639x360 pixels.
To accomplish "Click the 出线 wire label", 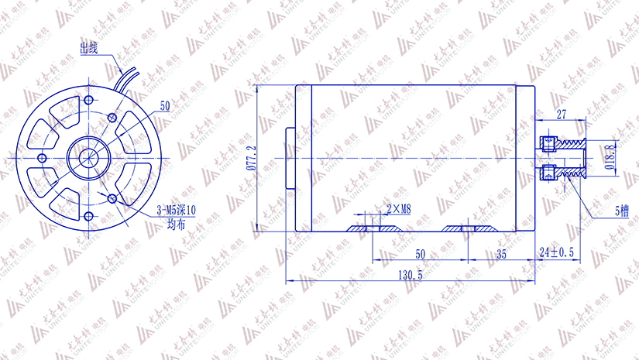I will point(89,48).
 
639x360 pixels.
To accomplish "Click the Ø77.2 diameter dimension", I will point(250,157).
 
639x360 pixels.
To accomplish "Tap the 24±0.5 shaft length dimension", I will point(556,253).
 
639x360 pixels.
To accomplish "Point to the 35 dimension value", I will point(501,253).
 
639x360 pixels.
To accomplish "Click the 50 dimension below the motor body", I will point(420,253).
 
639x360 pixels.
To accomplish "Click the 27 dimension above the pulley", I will point(562,115).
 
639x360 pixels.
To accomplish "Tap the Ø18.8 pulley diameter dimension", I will point(610,157).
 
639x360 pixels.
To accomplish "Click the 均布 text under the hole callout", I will point(177,224).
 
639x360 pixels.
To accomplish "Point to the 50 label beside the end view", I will point(164,105).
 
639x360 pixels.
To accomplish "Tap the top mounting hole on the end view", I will point(91,101).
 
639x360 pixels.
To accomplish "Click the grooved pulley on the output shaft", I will point(572,157).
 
